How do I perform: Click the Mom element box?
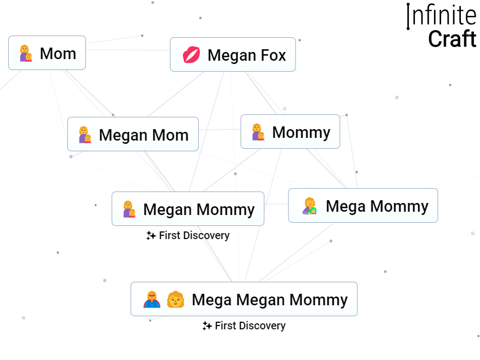pyautogui.click(x=47, y=53)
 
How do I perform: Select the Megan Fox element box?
pyautogui.click(x=233, y=55)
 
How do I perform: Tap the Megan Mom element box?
pyautogui.click(x=132, y=135)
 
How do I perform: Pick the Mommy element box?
pyautogui.click(x=290, y=132)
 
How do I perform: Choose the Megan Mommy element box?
pyautogui.click(x=188, y=209)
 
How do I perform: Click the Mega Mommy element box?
pyautogui.click(x=363, y=206)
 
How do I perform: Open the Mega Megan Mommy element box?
pyautogui.click(x=244, y=299)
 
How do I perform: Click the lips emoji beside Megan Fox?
pyautogui.click(x=191, y=55)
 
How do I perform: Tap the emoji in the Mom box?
pyautogui.click(x=26, y=54)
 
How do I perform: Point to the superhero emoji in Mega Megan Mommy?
pyautogui.click(x=152, y=299)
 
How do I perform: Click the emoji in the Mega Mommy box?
pyautogui.click(x=310, y=206)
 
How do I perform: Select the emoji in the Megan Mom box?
pyautogui.click(x=85, y=135)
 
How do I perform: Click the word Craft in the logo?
pyautogui.click(x=452, y=39)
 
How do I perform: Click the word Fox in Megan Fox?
pyautogui.click(x=273, y=55)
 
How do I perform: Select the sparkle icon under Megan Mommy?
pyautogui.click(x=151, y=236)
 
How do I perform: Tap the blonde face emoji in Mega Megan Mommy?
pyautogui.click(x=175, y=299)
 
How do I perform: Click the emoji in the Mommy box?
pyautogui.click(x=258, y=132)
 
